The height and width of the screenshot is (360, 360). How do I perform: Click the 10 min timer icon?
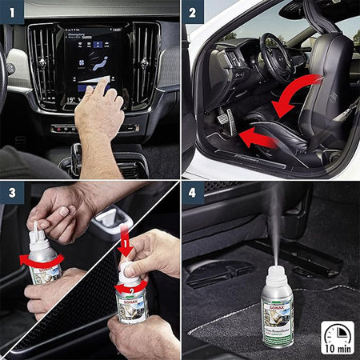point(337,337)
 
